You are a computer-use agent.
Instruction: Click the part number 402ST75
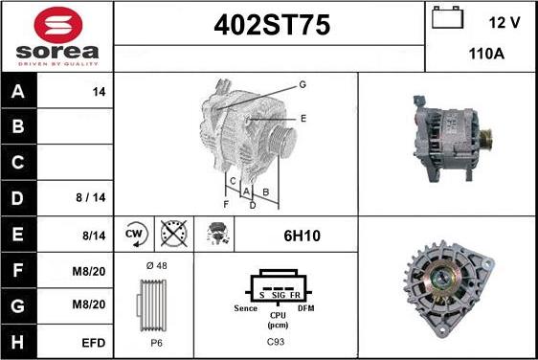272,25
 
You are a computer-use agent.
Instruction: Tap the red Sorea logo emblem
58,24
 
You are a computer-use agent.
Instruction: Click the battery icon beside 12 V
447,17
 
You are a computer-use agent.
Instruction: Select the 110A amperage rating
486,54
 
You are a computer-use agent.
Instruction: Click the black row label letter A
18,91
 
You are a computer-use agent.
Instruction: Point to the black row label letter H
17,342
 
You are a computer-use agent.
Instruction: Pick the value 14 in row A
99,92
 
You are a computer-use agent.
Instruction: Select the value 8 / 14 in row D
91,197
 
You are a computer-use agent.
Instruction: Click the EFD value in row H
93,343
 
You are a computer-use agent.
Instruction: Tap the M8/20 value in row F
88,272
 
